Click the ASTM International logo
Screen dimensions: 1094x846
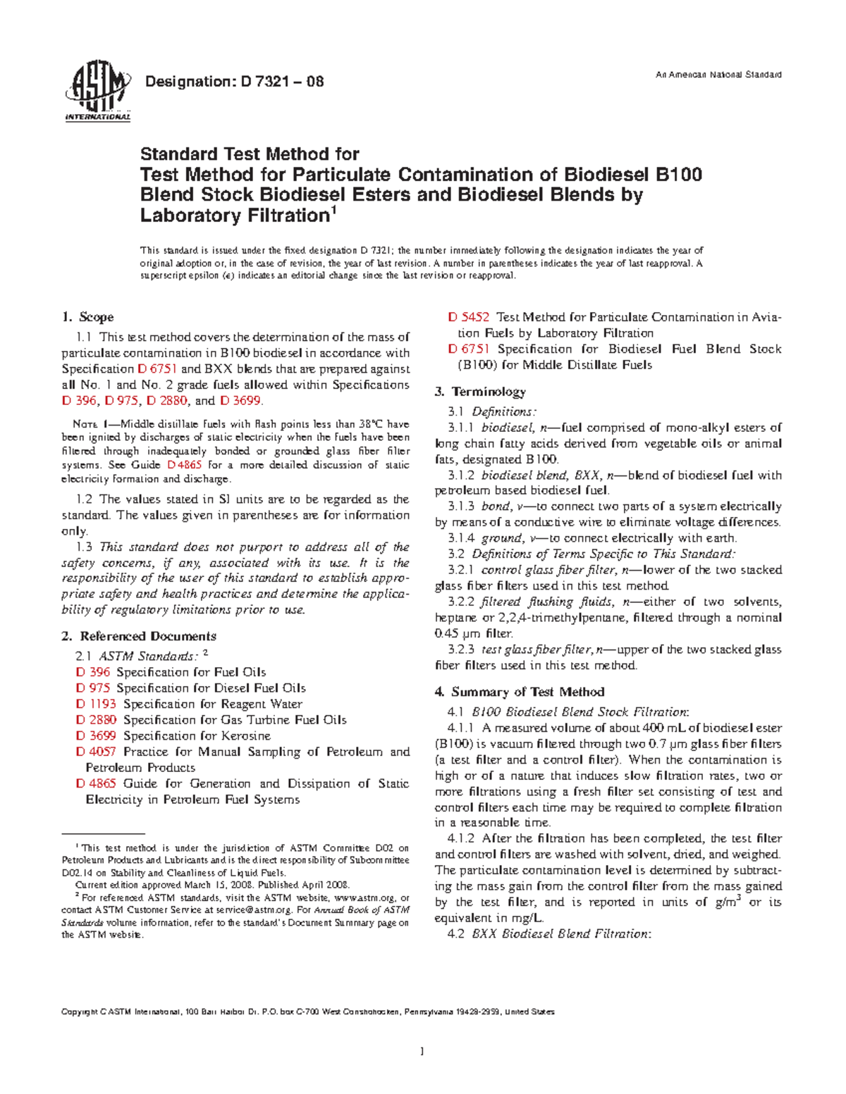(97, 94)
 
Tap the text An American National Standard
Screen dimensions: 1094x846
(718, 75)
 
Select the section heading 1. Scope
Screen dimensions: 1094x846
(87, 317)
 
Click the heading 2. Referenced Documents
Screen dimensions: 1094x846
(139, 636)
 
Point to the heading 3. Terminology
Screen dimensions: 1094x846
(480, 392)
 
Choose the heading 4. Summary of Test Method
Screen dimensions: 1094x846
(520, 692)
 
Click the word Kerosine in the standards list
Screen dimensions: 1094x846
(245, 735)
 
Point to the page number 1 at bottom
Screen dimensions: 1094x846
(422, 1052)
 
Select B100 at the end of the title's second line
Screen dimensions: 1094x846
(679, 174)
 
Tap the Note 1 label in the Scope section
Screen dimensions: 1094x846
(91, 425)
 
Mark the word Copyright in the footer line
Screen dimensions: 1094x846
(80, 1012)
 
